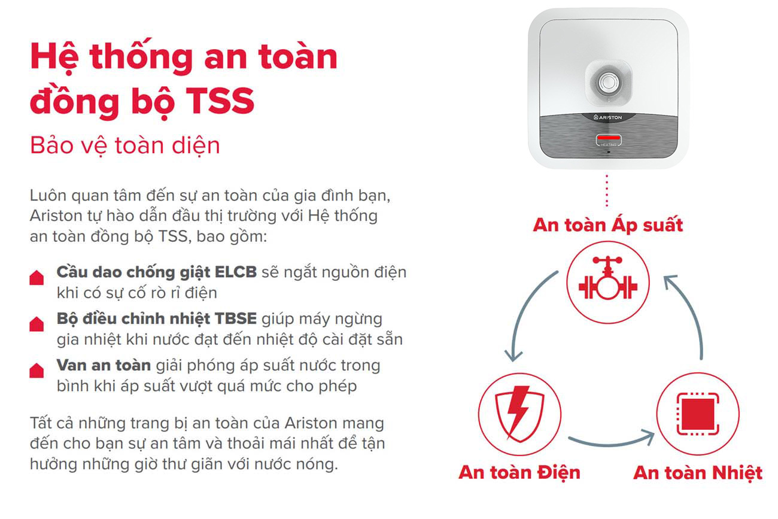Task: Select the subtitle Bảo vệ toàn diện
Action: point(124,145)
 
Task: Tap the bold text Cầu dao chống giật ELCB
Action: point(156,272)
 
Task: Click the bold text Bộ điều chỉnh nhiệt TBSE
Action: point(156,318)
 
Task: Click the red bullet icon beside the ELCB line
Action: point(37,278)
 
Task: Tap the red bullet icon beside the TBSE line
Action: point(37,324)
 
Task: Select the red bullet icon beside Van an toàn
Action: point(37,371)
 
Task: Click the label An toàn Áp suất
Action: point(607,225)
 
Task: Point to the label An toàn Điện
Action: point(519,472)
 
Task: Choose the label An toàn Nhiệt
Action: point(698,472)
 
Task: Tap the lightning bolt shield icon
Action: point(519,414)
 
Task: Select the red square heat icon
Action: point(698,414)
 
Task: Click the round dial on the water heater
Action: point(608,81)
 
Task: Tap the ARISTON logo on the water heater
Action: point(607,118)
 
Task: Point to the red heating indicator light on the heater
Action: point(607,139)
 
